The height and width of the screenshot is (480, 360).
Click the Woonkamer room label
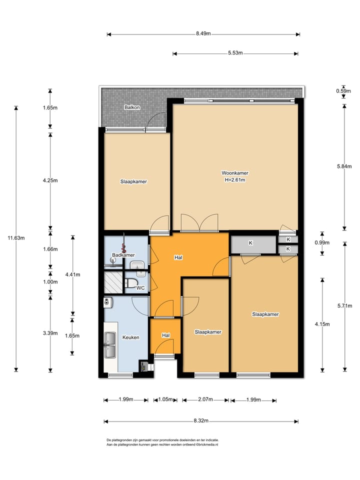click(235, 173)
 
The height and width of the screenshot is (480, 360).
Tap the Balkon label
click(132, 107)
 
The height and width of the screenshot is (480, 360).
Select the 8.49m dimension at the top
click(203, 33)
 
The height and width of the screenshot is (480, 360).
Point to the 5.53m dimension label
click(235, 53)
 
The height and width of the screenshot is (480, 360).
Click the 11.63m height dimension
click(16, 238)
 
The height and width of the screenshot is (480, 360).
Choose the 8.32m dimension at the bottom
click(201, 420)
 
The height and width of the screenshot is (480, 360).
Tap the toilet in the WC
click(130, 283)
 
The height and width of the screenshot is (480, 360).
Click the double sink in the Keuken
click(110, 344)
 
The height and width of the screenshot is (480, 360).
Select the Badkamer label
click(123, 255)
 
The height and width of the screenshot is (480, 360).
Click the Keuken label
click(130, 337)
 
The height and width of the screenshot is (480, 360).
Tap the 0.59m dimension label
click(343, 91)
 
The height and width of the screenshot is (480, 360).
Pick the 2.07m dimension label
click(205, 399)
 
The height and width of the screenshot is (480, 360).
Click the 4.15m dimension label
click(322, 324)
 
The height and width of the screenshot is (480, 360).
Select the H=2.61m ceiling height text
click(235, 180)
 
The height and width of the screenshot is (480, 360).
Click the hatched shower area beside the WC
click(113, 282)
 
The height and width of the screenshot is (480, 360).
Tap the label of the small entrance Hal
click(165, 335)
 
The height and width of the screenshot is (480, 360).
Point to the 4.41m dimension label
click(72, 274)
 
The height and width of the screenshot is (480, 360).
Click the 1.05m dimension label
click(165, 399)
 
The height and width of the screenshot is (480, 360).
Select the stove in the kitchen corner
click(144, 366)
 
